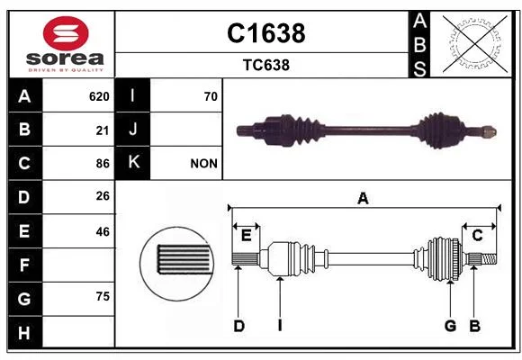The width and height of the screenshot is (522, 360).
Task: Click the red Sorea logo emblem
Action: coord(66,33)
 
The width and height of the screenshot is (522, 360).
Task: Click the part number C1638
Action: coord(266,33)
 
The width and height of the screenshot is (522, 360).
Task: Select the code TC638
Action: coord(266,65)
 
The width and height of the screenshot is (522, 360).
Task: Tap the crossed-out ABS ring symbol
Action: coord(475,43)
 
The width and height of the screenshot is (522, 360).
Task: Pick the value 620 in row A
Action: coord(99,96)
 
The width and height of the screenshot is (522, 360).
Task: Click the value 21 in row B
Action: coord(103,130)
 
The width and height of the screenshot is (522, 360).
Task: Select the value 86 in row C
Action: coord(103,164)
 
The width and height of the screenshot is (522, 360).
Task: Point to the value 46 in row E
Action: coord(103,231)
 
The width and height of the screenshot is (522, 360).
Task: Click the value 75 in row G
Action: coord(103,296)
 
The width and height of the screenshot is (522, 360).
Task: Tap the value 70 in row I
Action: coord(211,96)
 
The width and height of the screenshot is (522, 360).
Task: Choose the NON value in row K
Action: coord(203,164)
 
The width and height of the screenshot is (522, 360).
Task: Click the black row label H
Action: coord(25,332)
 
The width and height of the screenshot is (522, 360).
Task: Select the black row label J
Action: coord(132,129)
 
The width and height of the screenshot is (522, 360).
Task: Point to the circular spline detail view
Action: coord(176,264)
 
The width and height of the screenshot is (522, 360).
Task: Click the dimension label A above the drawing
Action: coord(363,199)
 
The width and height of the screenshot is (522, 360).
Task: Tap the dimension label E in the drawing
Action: coord(246,236)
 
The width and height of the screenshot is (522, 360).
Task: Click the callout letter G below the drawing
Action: coord(450,326)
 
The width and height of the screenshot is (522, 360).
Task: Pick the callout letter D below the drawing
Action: coord(239,326)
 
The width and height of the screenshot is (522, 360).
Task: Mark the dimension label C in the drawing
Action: coord(477,236)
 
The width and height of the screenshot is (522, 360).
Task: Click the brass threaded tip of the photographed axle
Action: coord(490,132)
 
